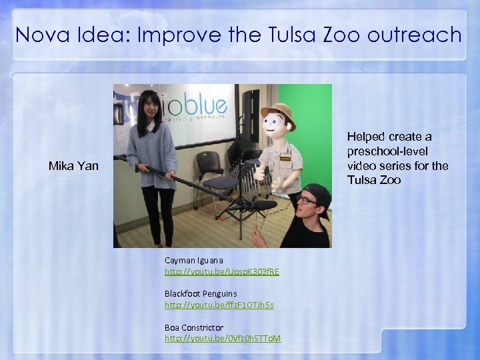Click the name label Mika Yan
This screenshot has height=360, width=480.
point(73,165)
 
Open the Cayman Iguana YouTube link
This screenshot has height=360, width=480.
point(222,271)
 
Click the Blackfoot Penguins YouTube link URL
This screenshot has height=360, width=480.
point(219,305)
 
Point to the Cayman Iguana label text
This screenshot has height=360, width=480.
point(194,260)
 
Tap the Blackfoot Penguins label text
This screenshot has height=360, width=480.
point(201,293)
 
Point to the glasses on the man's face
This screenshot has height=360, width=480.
point(306,199)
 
